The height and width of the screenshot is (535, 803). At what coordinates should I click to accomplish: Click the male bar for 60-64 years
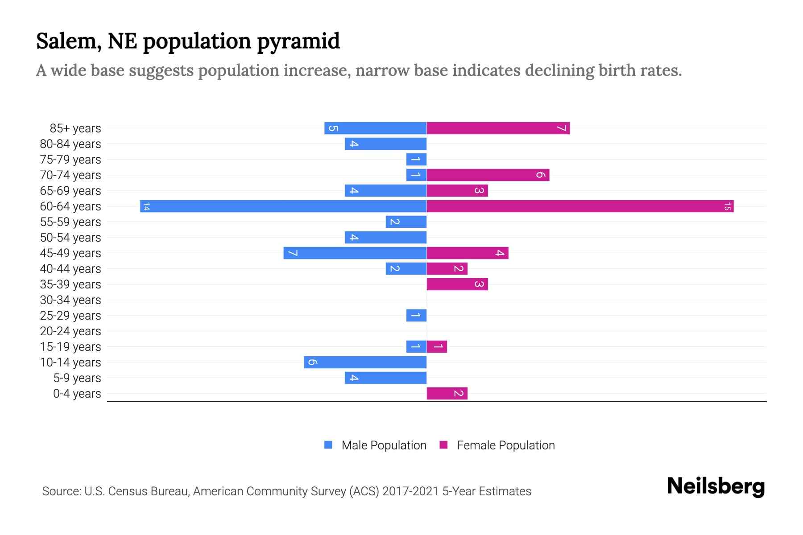[283, 206]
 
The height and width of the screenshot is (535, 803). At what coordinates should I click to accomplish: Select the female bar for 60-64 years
[580, 206]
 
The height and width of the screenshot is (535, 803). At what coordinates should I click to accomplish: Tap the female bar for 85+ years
[498, 128]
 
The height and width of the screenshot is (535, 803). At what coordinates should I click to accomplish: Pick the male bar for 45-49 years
[355, 253]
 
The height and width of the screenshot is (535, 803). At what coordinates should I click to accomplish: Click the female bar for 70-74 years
[488, 175]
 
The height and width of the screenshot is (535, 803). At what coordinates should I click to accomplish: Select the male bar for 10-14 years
[365, 362]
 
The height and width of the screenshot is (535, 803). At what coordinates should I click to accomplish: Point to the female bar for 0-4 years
[447, 393]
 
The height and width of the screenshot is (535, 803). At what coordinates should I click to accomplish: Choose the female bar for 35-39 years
[457, 284]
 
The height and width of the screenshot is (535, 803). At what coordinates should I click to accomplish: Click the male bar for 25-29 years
[416, 315]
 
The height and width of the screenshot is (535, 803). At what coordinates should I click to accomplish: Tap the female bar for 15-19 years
[437, 346]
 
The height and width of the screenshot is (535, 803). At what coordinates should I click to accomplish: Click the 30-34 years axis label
[70, 300]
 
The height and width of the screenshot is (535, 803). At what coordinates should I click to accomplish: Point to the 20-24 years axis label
[70, 331]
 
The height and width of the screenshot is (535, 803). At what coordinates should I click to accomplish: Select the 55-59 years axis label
[70, 222]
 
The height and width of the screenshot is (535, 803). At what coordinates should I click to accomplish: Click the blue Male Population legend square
[328, 445]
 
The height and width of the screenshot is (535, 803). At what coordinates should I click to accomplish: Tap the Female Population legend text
[505, 445]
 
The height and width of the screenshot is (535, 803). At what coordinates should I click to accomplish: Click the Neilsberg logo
[716, 486]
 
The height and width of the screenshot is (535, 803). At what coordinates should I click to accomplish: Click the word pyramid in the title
[298, 41]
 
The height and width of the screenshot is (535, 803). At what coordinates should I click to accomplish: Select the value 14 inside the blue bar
[146, 206]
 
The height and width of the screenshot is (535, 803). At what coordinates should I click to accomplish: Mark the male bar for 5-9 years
[385, 378]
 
